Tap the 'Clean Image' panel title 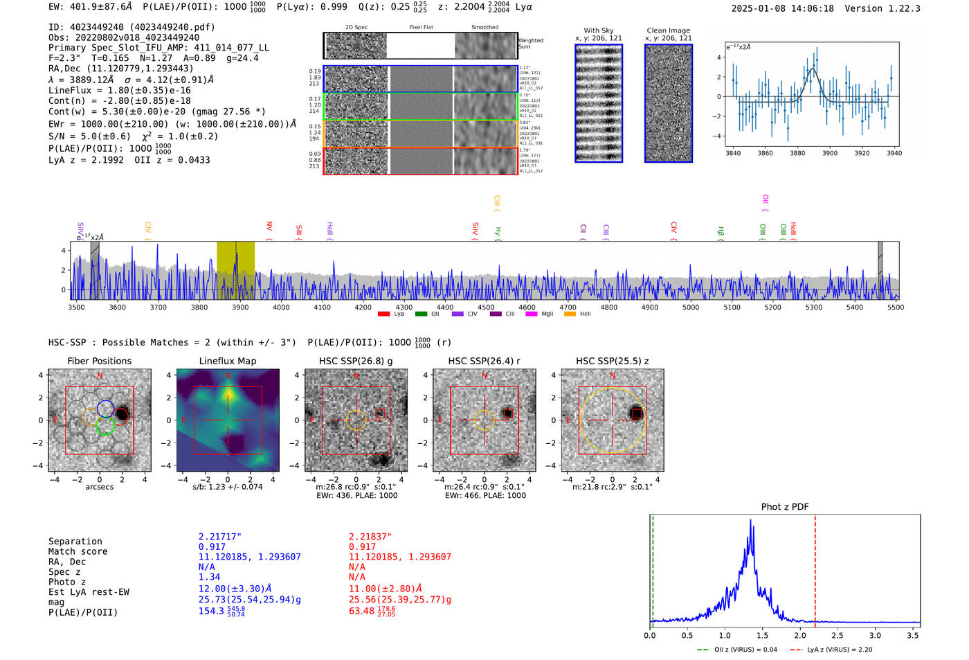668,30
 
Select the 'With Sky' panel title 598,30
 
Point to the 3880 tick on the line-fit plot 797,153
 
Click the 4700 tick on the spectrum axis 568,307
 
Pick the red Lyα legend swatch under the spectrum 384,314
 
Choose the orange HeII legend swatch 570,314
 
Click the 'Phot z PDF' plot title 785,507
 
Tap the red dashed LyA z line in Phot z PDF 815,568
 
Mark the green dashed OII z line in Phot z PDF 653,568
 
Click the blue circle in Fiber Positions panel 105,409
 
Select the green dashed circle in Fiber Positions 105,427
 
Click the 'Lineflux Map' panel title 228,361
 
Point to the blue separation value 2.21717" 219,537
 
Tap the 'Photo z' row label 67,582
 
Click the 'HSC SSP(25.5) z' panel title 612,361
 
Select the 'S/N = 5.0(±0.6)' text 89,136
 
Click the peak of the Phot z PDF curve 750,520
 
